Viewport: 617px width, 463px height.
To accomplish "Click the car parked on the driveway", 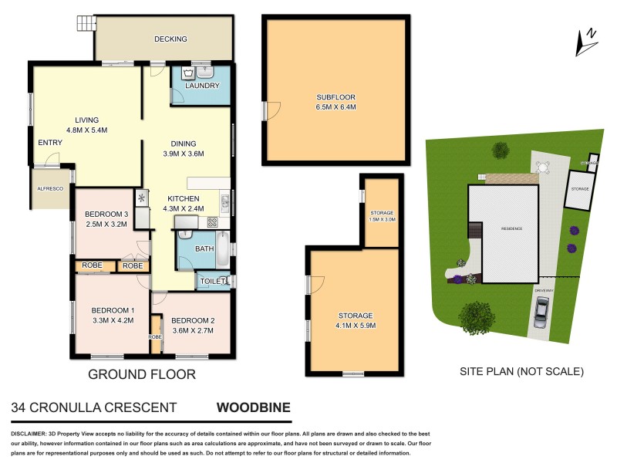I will pyautogui.click(x=540, y=310).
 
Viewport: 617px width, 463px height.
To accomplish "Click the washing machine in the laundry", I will pyautogui.click(x=188, y=73).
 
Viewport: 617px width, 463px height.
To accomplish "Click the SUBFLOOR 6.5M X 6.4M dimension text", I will pyautogui.click(x=335, y=106).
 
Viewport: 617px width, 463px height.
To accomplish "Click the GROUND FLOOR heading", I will pyautogui.click(x=141, y=374).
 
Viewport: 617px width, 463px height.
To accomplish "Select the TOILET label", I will pyautogui.click(x=211, y=282).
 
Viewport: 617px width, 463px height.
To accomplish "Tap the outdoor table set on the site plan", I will pyautogui.click(x=542, y=166).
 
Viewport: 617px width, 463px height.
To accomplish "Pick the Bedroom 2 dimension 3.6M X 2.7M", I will pyautogui.click(x=192, y=330).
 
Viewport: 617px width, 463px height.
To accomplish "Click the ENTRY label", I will pyautogui.click(x=49, y=143).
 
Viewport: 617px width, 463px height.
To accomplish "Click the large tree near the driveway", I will pyautogui.click(x=476, y=316).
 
